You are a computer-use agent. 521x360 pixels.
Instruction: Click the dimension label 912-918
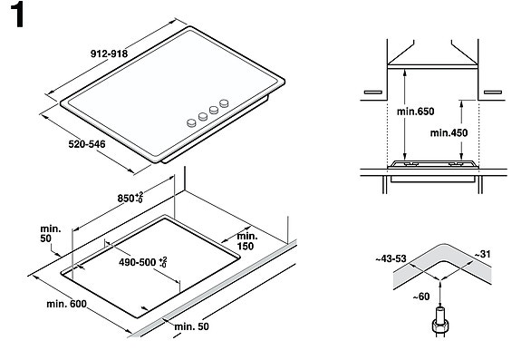coord(107,54)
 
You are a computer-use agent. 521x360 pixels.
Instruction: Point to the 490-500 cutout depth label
coord(135,261)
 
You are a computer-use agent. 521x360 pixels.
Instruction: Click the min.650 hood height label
coord(415,112)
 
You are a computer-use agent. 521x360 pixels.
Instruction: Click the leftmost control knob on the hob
coord(190,120)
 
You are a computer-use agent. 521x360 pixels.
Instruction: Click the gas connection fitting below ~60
coord(441,323)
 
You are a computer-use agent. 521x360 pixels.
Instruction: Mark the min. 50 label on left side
coord(51,231)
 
